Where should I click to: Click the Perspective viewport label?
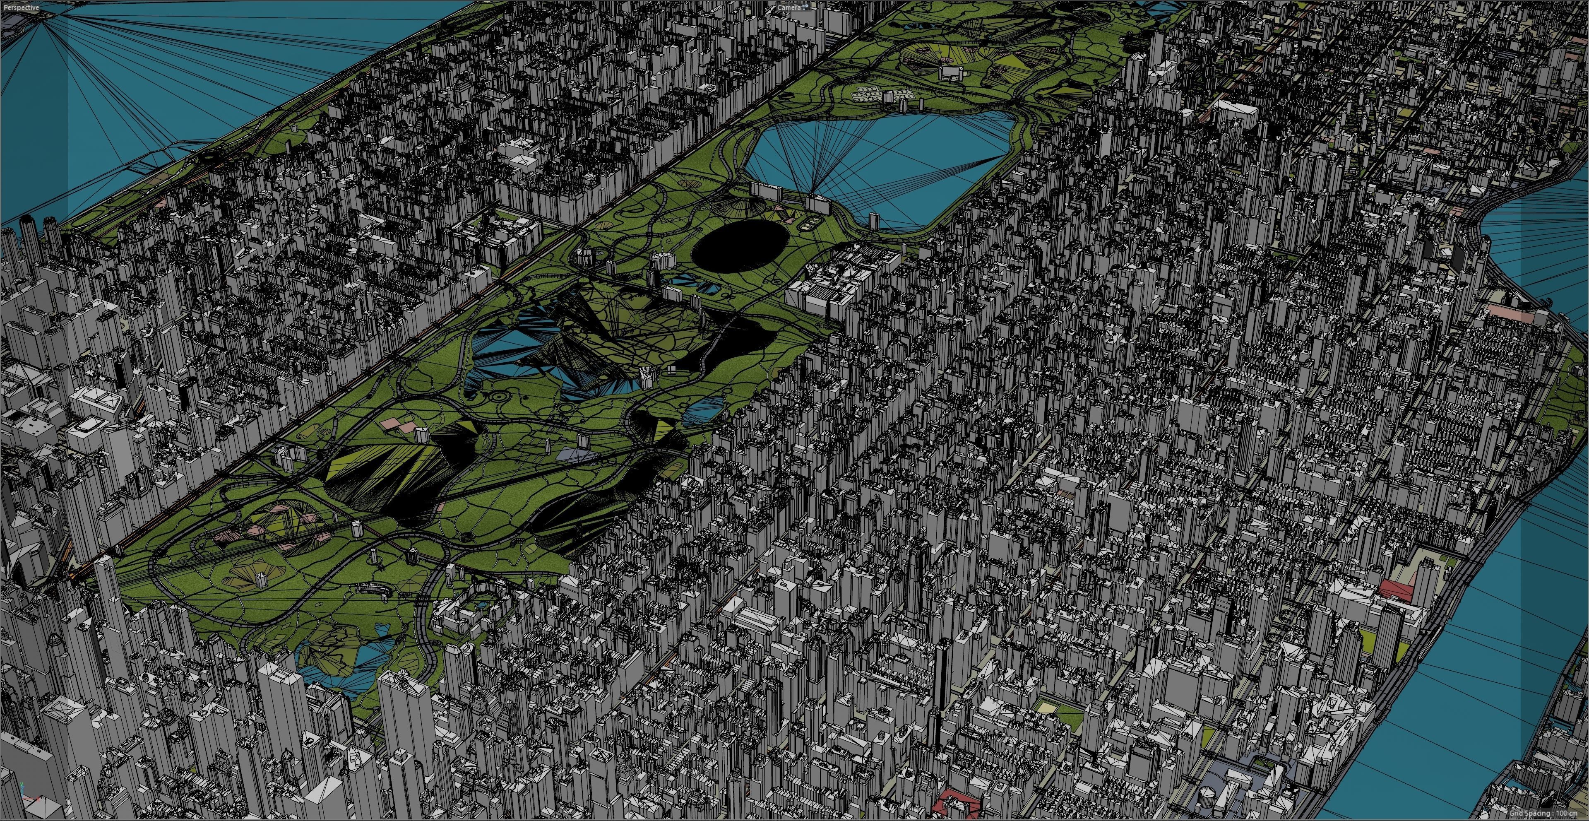point(21,7)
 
